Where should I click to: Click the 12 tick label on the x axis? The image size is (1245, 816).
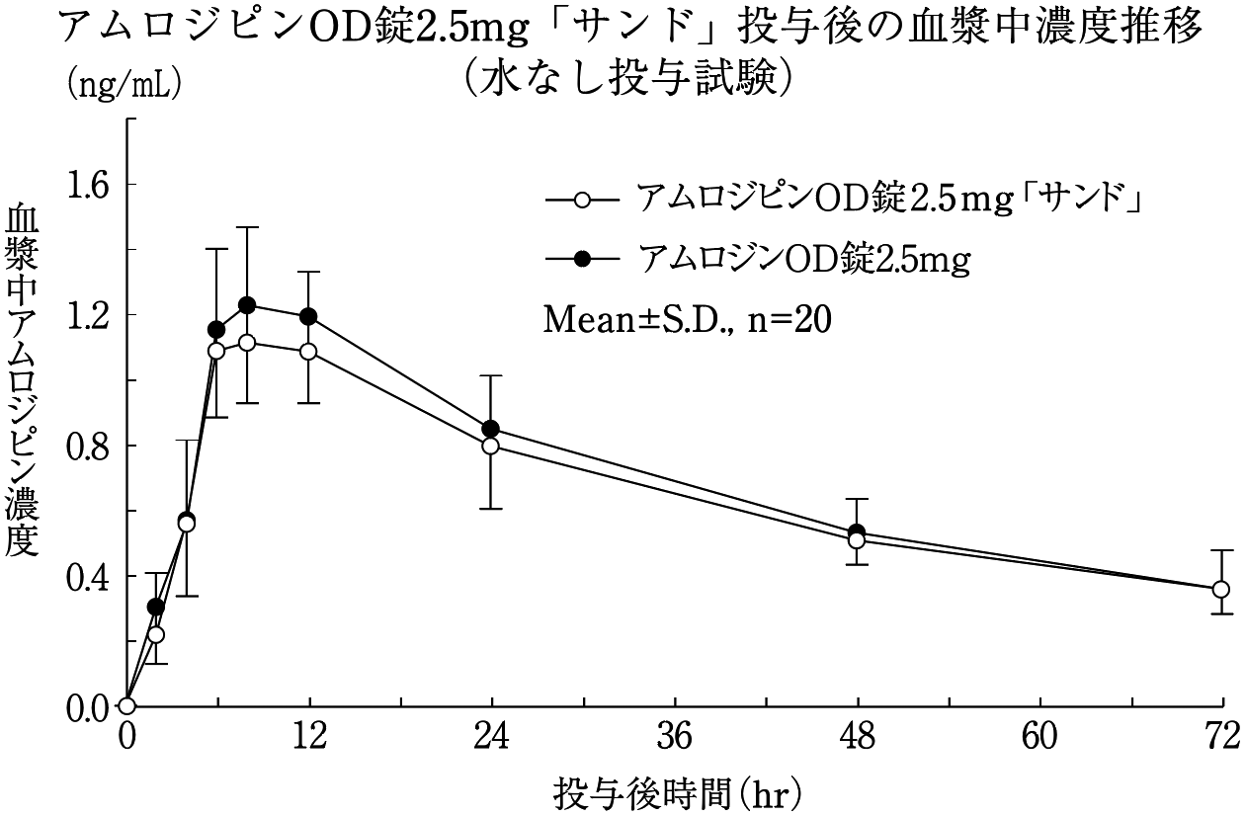click(x=309, y=737)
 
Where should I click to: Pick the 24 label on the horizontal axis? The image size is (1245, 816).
click(x=492, y=737)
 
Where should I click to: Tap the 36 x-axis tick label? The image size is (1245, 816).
click(x=675, y=737)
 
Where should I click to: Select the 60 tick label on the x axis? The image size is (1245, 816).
click(x=1040, y=737)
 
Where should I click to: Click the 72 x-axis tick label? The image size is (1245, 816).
click(x=1222, y=737)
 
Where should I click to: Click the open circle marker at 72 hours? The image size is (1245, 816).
click(x=1221, y=590)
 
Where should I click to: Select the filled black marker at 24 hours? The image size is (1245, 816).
click(x=491, y=429)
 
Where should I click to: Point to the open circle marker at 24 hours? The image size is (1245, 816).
click(x=491, y=446)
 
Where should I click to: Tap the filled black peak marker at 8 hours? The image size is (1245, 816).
click(x=247, y=305)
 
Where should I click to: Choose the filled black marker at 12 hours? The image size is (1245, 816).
click(x=308, y=316)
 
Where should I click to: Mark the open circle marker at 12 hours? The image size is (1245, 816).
click(x=308, y=352)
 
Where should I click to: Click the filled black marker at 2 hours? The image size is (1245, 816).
click(x=156, y=607)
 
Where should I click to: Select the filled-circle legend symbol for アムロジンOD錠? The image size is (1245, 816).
click(x=582, y=259)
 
